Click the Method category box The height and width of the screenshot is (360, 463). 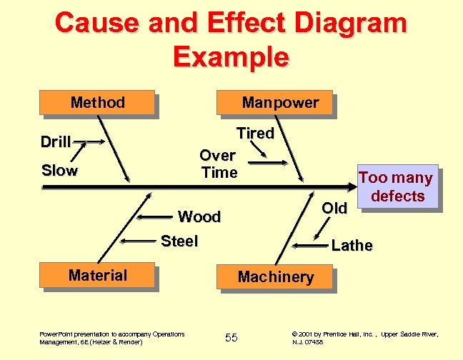98,103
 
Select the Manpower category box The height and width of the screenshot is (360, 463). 280,103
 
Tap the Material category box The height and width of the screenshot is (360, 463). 98,276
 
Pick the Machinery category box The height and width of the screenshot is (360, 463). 276,277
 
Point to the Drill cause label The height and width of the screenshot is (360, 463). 55,141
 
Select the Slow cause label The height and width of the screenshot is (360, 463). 59,171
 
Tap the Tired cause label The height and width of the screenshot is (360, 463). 255,134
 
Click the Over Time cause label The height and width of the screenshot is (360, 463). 219,164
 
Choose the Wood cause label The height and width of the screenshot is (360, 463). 199,216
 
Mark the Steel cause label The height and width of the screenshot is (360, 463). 179,241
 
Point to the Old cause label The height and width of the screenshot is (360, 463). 334,208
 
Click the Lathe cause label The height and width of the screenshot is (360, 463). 352,246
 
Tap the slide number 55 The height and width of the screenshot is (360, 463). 231,337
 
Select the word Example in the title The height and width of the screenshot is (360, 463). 231,56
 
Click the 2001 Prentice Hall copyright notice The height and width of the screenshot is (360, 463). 365,338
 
